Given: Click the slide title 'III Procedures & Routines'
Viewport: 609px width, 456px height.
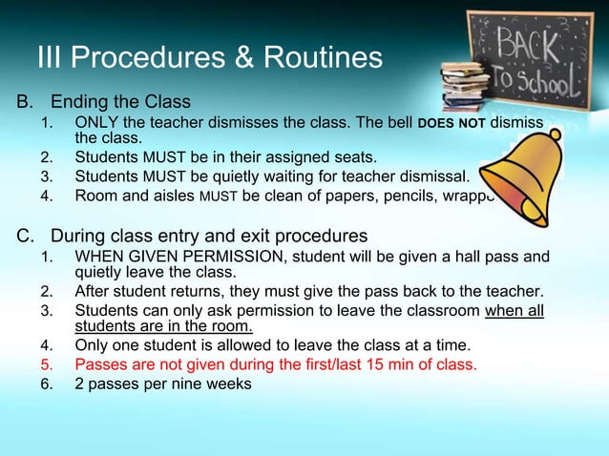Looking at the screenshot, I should pos(209,59).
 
